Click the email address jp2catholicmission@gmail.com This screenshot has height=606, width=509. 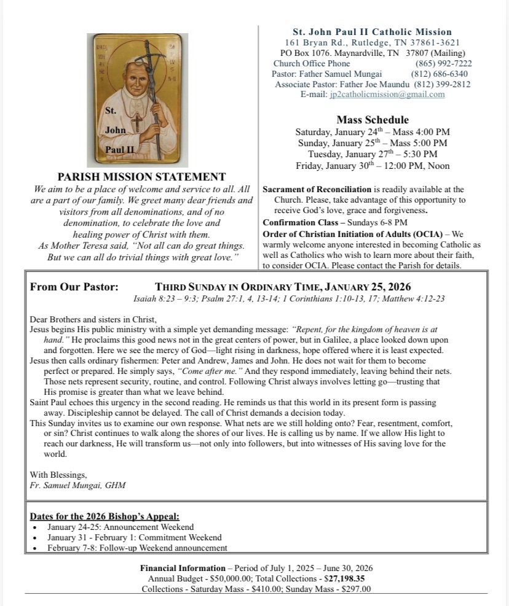tap(387, 95)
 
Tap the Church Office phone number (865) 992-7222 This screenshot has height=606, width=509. tap(443, 63)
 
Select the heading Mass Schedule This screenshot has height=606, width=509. tap(373, 120)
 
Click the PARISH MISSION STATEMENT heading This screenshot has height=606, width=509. tap(141, 177)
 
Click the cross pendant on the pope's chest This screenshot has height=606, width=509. tap(136, 120)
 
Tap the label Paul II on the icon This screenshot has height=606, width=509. tap(119, 149)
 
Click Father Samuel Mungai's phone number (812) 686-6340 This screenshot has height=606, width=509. tap(441, 74)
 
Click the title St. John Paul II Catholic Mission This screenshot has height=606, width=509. tap(372, 32)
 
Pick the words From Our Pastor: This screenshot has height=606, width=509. tap(74, 287)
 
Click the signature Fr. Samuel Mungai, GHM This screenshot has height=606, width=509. tap(77, 485)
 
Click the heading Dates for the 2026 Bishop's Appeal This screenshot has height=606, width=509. tap(105, 516)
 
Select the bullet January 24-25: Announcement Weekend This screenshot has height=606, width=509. tap(120, 527)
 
